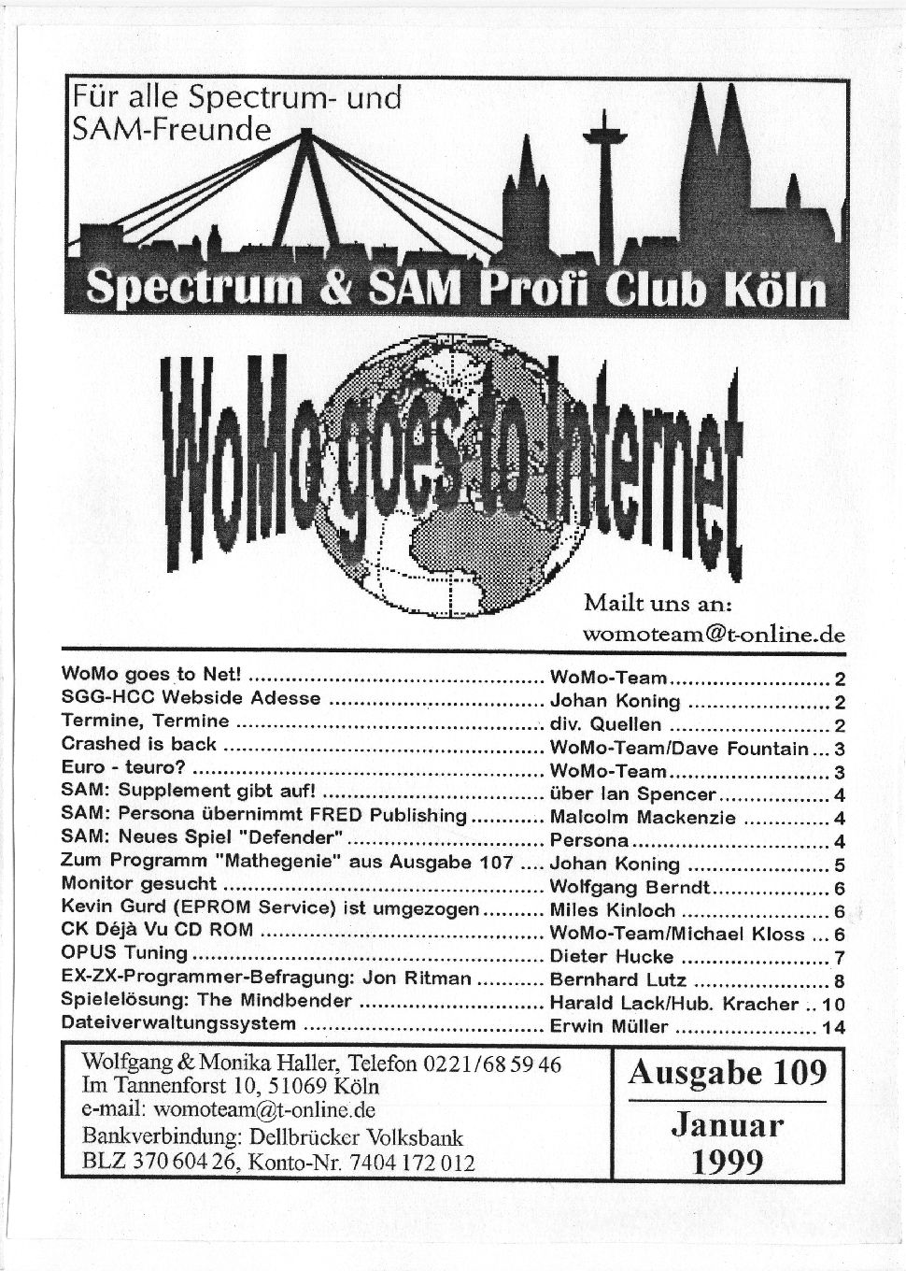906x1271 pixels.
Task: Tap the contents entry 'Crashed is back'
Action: (138, 745)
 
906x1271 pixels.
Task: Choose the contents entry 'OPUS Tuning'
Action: (123, 954)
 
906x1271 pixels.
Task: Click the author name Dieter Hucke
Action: (611, 956)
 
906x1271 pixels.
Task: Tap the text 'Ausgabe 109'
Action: (728, 1072)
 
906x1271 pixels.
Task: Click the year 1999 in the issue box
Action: (728, 1160)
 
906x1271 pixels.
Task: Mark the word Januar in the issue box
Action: (728, 1124)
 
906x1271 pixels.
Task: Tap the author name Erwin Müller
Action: (609, 1026)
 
